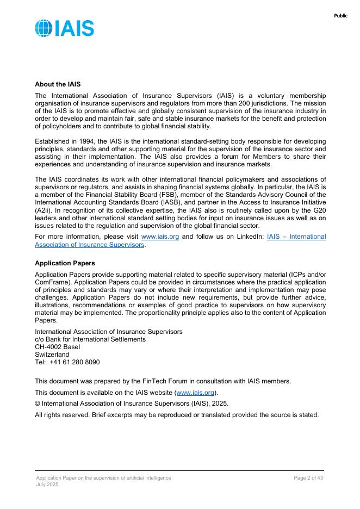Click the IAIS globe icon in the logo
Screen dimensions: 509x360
point(44,28)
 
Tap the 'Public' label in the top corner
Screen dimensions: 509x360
point(340,16)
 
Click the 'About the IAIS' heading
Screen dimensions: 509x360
point(58,84)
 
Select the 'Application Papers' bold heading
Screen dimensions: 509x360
point(65,263)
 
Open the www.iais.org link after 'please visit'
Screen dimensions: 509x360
point(160,237)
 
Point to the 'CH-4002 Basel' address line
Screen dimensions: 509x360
point(57,347)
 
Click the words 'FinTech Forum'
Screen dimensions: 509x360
point(169,381)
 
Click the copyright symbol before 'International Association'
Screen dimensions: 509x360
point(38,404)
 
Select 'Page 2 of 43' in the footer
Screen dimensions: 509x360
point(308,477)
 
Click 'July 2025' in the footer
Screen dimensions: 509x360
point(47,484)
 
